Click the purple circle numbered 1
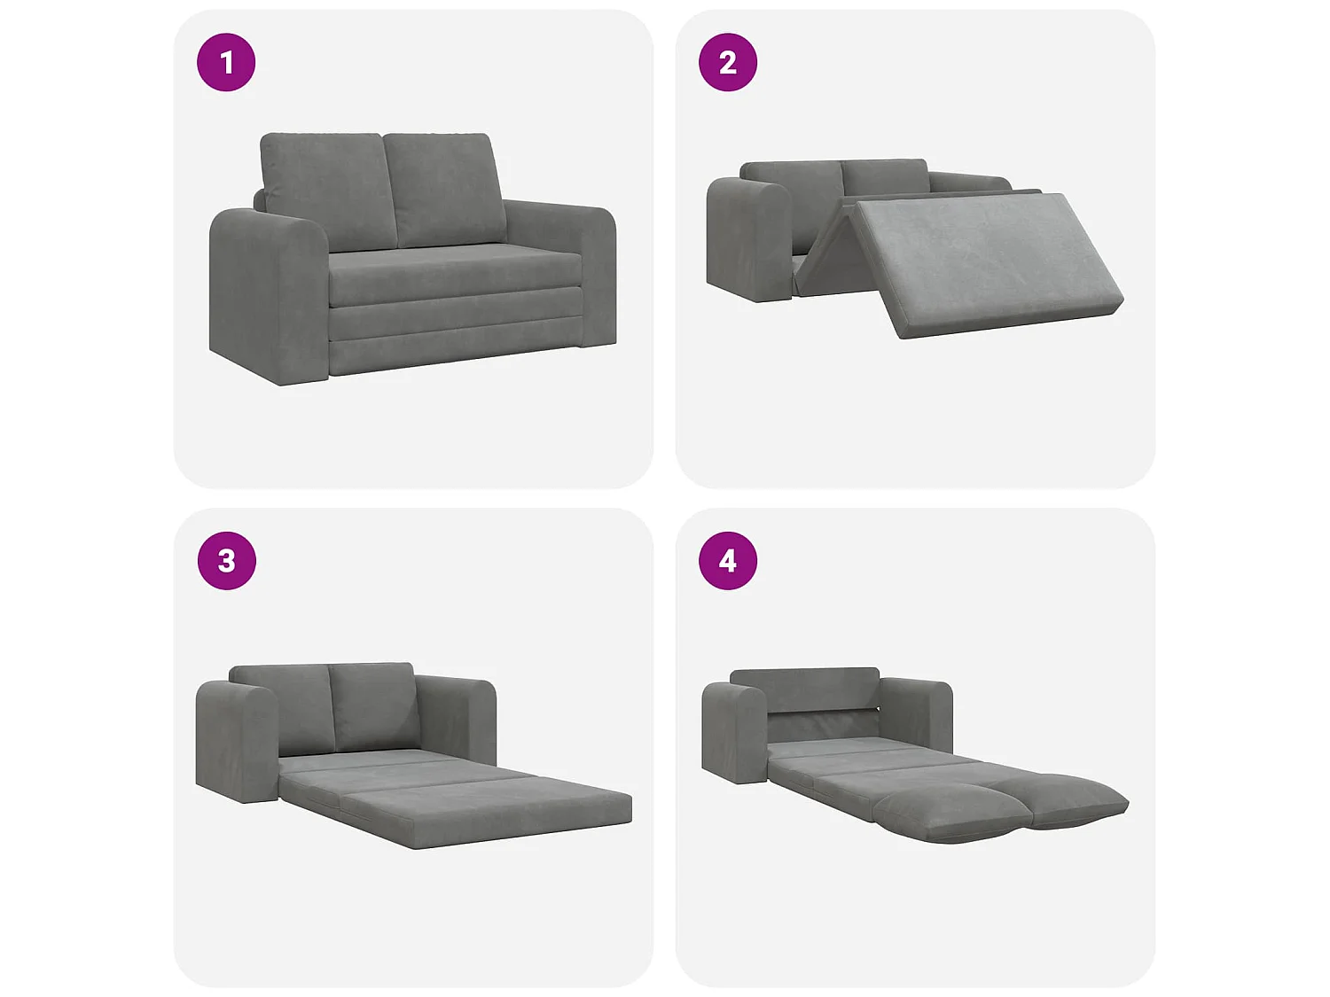point(226,62)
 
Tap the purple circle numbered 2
point(728,62)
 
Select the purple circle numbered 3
point(227,561)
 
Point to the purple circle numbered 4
point(728,561)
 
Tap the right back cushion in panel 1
point(445,189)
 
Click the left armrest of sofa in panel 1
point(270,297)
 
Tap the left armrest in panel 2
point(749,239)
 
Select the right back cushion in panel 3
point(373,707)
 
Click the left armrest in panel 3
point(237,742)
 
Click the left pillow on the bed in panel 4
point(948,815)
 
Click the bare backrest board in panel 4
point(804,689)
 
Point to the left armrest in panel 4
point(735,733)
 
